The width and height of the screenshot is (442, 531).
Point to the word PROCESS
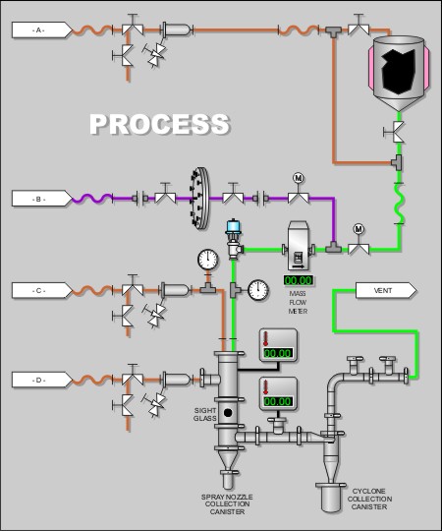(x=160, y=124)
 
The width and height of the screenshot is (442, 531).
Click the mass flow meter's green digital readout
(x=299, y=280)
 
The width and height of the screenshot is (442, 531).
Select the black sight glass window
(x=228, y=413)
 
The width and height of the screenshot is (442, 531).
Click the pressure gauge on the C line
(x=207, y=260)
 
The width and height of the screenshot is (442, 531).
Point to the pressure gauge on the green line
(x=258, y=290)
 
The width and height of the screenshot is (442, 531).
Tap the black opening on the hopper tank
(x=399, y=72)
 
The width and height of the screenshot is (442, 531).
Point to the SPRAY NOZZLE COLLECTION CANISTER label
(x=227, y=504)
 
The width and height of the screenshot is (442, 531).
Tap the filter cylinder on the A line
(x=177, y=29)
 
